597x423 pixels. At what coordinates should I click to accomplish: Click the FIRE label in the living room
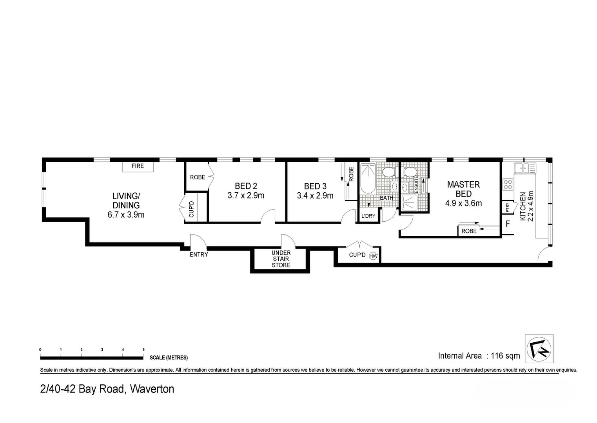tap(138, 166)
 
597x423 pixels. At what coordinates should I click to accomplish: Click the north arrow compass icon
tap(539, 349)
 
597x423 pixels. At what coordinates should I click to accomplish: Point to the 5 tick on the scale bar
tap(143, 350)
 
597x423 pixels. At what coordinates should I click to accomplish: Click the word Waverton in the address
tap(152, 389)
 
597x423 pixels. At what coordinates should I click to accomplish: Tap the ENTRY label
tap(199, 255)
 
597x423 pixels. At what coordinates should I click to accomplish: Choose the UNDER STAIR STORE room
tap(281, 259)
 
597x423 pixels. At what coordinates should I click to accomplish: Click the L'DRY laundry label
tap(368, 216)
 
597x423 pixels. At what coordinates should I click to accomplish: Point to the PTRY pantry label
tap(507, 207)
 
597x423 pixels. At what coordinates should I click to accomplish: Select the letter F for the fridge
tap(508, 224)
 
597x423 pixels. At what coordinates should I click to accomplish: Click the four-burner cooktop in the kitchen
tap(508, 184)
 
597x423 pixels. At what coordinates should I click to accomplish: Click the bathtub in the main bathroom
tap(368, 179)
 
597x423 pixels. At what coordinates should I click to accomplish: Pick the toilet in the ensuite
tap(410, 172)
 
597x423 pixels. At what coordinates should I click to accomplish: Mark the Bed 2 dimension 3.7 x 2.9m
tap(246, 195)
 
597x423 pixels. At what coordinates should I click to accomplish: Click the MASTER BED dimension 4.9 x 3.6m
tap(463, 203)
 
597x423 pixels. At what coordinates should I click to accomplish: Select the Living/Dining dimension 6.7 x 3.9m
tap(126, 215)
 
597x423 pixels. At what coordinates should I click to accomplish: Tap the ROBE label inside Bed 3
tap(351, 174)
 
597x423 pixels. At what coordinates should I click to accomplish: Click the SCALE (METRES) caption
tap(169, 358)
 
